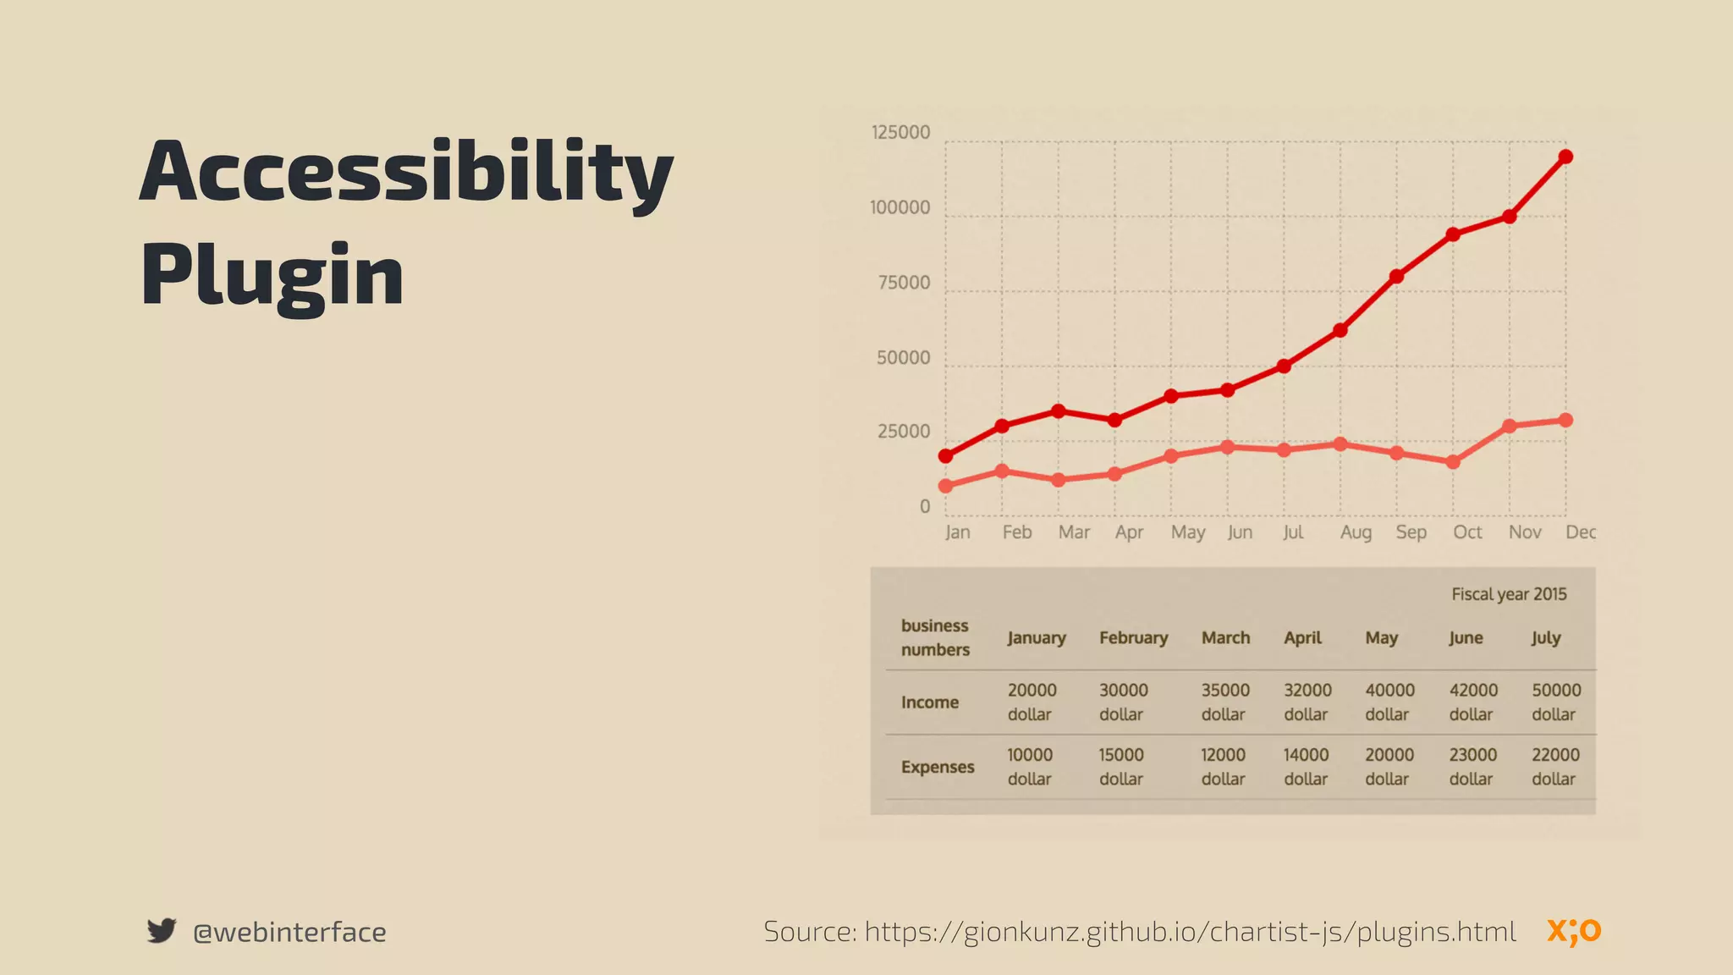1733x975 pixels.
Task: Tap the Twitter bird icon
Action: (161, 930)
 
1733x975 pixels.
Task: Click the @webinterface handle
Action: (289, 932)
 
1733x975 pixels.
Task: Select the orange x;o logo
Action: (1574, 931)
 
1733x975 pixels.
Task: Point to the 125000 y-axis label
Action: (900, 133)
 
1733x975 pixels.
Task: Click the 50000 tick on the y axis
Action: (903, 358)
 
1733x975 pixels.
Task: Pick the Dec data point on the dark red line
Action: (1565, 157)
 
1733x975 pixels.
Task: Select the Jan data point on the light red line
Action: (946, 486)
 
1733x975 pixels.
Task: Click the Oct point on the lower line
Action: (1453, 462)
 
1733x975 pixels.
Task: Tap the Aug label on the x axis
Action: (1356, 532)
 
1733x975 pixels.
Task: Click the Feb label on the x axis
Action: (1016, 532)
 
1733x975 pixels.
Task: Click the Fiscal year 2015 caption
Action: (1509, 594)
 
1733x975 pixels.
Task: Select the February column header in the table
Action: (1133, 638)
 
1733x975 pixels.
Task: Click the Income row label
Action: (929, 702)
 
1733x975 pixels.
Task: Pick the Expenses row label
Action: (938, 767)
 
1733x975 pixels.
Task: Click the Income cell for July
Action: (1555, 702)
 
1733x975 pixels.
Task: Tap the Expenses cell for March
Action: (1224, 766)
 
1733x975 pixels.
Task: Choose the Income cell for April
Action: (1307, 702)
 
